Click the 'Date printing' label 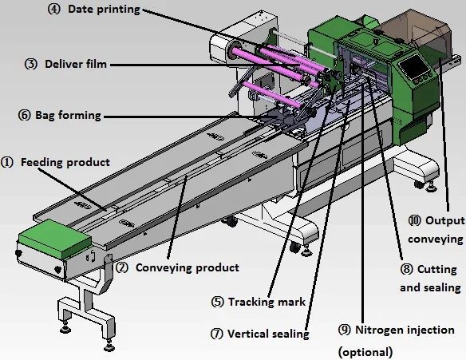point(104,10)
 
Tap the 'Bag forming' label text point(68,115)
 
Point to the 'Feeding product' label point(65,162)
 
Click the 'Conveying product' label point(187,267)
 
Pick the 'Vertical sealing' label point(268,334)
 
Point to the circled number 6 point(23,115)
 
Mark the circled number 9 point(345,329)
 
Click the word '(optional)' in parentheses point(366,351)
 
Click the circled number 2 point(122,268)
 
